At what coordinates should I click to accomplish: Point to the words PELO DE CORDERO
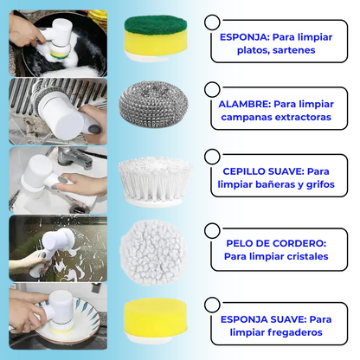(x=276, y=243)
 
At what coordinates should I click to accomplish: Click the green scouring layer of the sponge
(x=156, y=24)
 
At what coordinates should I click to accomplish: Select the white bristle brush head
(x=156, y=182)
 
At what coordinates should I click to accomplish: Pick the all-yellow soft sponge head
(x=156, y=318)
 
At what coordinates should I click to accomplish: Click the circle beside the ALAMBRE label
(x=212, y=89)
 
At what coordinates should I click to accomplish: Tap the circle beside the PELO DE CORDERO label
(x=212, y=230)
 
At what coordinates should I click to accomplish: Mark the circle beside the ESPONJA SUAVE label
(x=212, y=305)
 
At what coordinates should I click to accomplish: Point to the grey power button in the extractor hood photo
(x=94, y=129)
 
